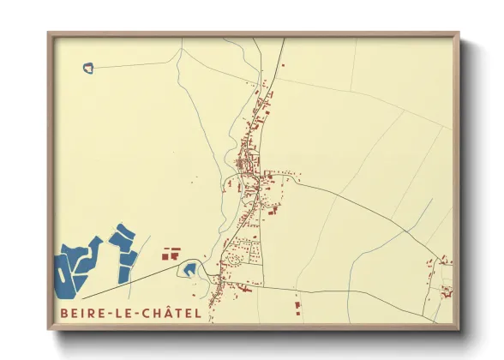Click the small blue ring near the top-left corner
point(88,67)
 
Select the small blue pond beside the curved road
point(189,272)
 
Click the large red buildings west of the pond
point(171,253)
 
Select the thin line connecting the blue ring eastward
point(137,64)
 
